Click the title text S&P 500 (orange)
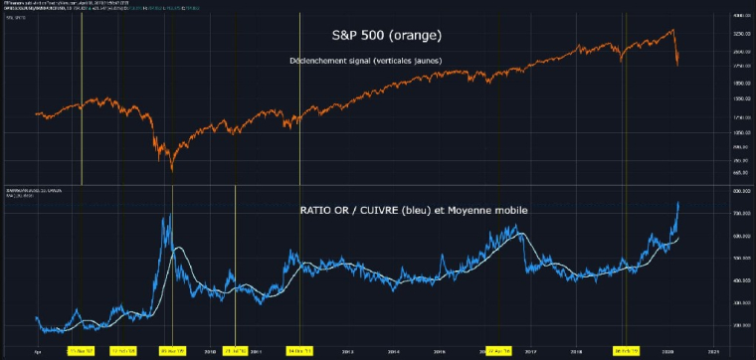(385, 35)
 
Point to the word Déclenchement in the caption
(317, 62)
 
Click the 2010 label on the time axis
(210, 351)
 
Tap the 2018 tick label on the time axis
(576, 351)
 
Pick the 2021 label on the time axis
(713, 351)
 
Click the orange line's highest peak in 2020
(672, 30)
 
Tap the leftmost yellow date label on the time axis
(82, 351)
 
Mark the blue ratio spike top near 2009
(171, 212)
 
